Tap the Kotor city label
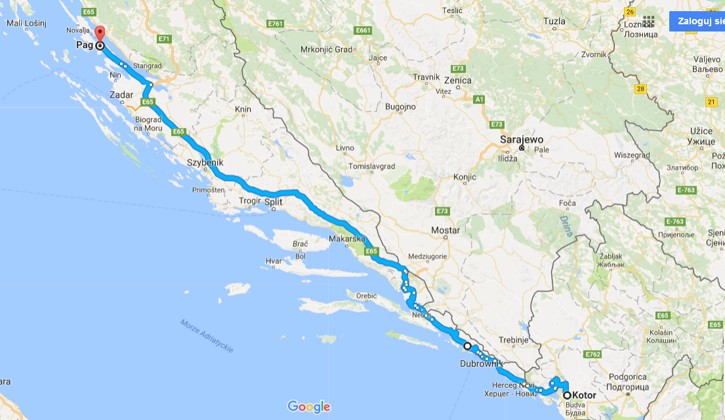point(584,395)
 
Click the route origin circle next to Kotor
point(567,395)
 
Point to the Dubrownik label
point(482,363)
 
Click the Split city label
point(273,202)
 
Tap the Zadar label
point(122,95)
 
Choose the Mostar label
point(445,230)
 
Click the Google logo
point(308,407)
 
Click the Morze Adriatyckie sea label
point(207,336)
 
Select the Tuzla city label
point(554,21)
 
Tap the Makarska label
point(346,239)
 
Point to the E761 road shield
point(275,24)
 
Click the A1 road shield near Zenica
point(480,99)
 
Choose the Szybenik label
point(205,162)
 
